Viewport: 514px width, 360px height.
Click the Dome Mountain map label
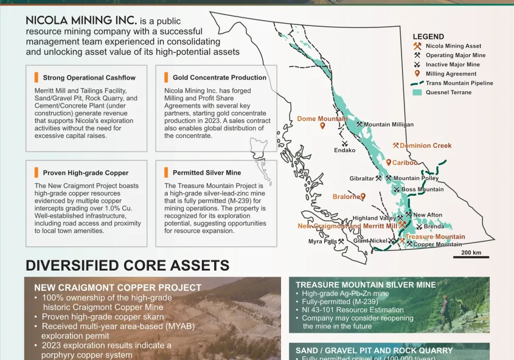coord(322,119)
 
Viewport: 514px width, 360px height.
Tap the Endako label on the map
coord(344,150)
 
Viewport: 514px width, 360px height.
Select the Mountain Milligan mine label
coord(389,125)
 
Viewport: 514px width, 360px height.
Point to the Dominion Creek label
coord(425,145)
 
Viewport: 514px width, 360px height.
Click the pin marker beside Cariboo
coord(389,162)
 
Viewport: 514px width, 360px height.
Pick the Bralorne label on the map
coord(346,196)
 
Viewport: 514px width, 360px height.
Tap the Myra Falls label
coord(322,241)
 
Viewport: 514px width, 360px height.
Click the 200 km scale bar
coord(471,257)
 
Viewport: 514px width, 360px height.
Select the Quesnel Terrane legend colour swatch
coord(417,92)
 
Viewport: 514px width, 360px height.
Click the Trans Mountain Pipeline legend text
coord(459,83)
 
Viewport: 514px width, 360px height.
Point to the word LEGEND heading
coord(428,36)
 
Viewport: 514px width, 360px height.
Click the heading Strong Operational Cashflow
coord(89,78)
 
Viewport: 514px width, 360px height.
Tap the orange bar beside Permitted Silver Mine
coord(166,172)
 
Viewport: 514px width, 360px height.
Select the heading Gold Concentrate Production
coord(220,78)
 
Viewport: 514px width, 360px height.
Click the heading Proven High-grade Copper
coord(86,173)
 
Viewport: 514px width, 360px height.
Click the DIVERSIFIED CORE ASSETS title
coord(128,265)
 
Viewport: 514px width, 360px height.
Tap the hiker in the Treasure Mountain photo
coord(445,312)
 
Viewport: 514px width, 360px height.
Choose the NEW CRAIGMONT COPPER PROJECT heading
coord(117,288)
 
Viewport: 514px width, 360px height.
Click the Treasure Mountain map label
coord(435,237)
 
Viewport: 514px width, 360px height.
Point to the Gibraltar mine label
coord(361,179)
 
